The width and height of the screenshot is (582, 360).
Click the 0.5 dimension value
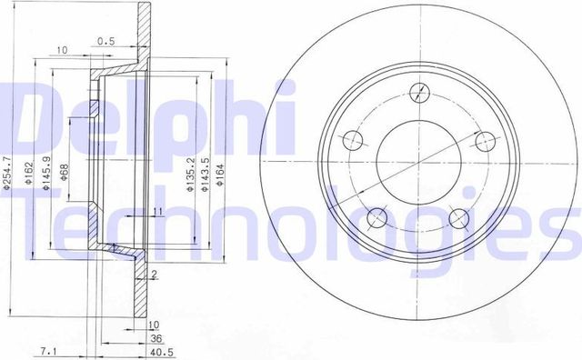click(x=106, y=40)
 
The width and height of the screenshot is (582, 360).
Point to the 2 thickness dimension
click(x=156, y=275)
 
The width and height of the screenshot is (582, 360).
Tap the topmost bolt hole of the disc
click(x=419, y=92)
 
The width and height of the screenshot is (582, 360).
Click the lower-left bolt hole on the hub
click(x=376, y=217)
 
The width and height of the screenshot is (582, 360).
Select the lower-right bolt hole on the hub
click(x=460, y=217)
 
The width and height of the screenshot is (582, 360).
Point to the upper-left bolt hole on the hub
click(x=351, y=139)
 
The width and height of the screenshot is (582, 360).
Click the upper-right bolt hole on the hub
click(x=487, y=139)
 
